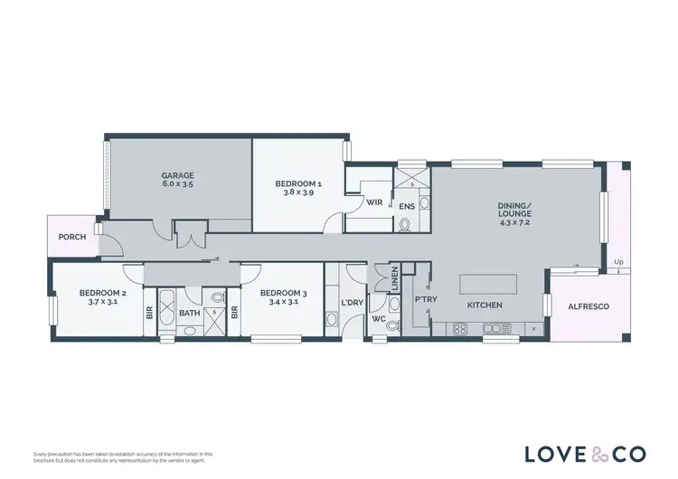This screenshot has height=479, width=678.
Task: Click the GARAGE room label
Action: (178, 175)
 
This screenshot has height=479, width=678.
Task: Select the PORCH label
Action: (71, 237)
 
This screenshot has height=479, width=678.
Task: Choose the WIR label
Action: (372, 202)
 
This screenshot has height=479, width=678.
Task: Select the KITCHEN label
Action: (485, 305)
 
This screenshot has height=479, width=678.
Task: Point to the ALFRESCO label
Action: (588, 306)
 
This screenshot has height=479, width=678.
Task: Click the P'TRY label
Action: (421, 299)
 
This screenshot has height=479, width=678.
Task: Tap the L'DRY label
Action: (351, 302)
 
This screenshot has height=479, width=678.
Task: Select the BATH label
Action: (189, 314)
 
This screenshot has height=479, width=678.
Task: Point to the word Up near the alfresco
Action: (618, 263)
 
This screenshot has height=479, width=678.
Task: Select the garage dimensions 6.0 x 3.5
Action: (178, 184)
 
